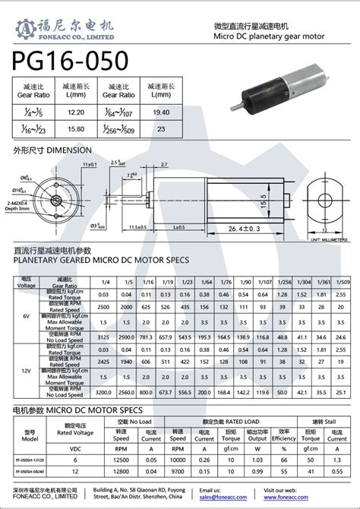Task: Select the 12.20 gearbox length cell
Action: (x=75, y=111)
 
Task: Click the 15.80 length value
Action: (x=75, y=128)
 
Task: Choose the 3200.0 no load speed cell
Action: (x=104, y=394)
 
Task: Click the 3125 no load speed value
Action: (x=104, y=336)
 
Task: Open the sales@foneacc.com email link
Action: (x=222, y=498)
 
